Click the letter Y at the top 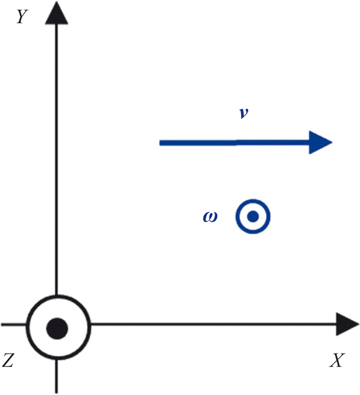pyautogui.click(x=23, y=16)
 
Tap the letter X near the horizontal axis pyautogui.click(x=336, y=361)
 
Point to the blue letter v pyautogui.click(x=243, y=115)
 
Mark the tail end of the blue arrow pyautogui.click(x=161, y=143)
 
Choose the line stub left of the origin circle pyautogui.click(x=12, y=324)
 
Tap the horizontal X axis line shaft pyautogui.click(x=214, y=324)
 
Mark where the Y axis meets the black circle pyautogui.click(x=56, y=296)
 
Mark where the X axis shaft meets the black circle pyautogui.click(x=90, y=324)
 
